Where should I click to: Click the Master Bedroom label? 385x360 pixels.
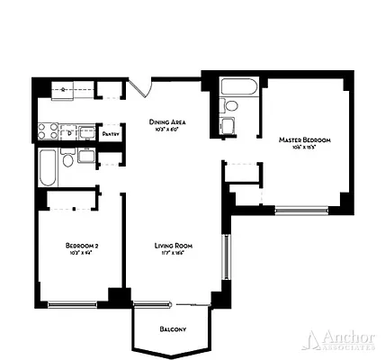click(304, 140)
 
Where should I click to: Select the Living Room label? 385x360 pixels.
click(175, 245)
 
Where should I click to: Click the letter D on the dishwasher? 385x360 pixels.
click(69, 132)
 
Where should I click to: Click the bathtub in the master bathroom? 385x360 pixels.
click(239, 88)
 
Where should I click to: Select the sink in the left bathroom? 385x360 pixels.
click(87, 156)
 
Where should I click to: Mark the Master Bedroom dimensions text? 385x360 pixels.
click(304, 148)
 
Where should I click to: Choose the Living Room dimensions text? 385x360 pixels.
click(175, 254)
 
